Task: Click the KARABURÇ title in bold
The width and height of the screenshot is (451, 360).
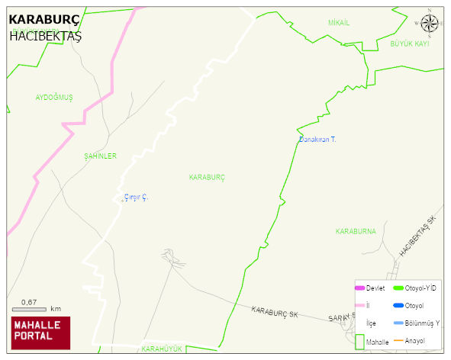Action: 43,20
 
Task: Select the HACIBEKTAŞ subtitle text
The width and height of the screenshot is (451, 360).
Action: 45,36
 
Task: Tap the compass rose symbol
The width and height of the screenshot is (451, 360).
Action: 430,25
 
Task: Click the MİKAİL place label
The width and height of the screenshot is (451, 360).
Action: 339,23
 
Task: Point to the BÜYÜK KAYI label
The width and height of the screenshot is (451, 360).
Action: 410,44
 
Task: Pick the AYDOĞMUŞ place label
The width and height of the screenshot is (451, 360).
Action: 54,98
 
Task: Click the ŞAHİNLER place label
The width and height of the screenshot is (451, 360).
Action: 101,156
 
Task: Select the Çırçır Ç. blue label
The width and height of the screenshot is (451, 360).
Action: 136,198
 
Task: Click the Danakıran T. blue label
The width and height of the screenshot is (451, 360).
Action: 317,140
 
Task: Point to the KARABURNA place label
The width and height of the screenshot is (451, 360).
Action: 356,230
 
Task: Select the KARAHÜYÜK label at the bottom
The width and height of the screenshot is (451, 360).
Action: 163,349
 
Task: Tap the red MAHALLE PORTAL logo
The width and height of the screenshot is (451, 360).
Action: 40,332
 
